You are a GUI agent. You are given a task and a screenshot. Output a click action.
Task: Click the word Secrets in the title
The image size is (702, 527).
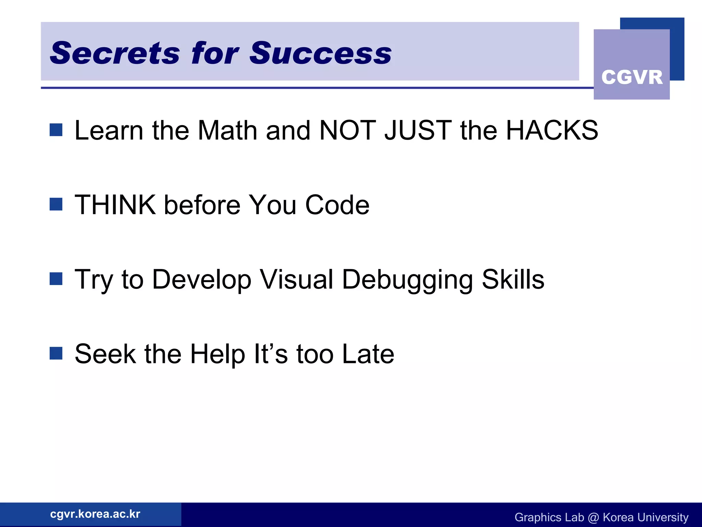click(x=114, y=53)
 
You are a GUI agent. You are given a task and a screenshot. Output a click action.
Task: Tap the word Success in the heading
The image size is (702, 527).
click(x=320, y=53)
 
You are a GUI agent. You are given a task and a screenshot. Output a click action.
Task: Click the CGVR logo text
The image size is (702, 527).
click(x=632, y=77)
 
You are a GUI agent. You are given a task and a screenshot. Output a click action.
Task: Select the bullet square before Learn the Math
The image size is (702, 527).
click(x=56, y=130)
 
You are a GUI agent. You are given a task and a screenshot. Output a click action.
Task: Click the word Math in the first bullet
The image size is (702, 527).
click(x=227, y=130)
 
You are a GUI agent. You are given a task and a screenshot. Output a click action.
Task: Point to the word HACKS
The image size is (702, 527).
click(x=552, y=130)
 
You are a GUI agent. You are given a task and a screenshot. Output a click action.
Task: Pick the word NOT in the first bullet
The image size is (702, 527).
click(x=347, y=130)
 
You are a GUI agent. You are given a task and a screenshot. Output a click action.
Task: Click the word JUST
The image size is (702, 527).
click(x=418, y=130)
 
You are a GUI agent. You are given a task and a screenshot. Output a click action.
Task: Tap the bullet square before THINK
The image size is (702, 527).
click(x=56, y=204)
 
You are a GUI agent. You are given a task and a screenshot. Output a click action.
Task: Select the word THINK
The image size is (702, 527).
click(x=115, y=205)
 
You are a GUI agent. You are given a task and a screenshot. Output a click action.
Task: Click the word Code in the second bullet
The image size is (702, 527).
click(x=337, y=205)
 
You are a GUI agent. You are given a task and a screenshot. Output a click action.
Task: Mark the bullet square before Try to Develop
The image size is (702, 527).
click(x=56, y=279)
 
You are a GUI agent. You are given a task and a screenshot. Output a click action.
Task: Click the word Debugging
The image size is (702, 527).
click(x=408, y=280)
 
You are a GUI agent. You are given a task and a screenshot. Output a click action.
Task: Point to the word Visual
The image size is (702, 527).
click(x=296, y=279)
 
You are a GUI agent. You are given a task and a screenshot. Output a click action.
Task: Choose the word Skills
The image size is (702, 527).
click(x=513, y=279)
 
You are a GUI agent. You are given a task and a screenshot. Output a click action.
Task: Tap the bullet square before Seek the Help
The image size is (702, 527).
click(x=56, y=353)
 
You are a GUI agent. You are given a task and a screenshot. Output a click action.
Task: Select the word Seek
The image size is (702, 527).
click(x=105, y=354)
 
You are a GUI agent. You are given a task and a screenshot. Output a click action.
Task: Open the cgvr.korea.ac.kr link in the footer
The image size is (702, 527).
click(x=95, y=514)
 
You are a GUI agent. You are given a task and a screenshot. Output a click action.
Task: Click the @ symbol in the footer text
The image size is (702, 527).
click(x=593, y=517)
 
